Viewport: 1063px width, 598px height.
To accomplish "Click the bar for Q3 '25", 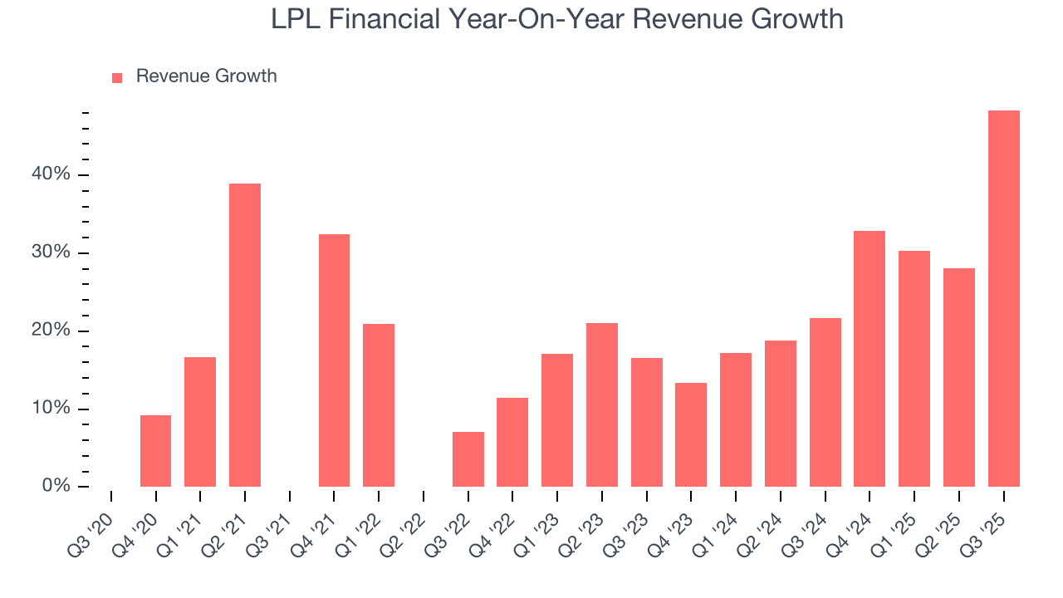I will click(1003, 299).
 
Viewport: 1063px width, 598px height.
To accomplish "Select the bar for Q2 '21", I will click(245, 335).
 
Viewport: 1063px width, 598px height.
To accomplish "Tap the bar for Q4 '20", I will click(155, 451).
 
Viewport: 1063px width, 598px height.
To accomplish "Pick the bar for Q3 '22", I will click(468, 459).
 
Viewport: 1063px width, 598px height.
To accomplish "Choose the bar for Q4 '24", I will click(870, 359).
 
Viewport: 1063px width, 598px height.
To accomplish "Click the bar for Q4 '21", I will click(334, 360).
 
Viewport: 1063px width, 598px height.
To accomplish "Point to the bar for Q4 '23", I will click(691, 434).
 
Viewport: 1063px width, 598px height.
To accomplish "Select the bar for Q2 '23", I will click(602, 404).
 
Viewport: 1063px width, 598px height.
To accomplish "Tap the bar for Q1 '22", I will click(379, 405).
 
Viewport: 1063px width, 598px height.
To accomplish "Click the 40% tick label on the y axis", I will click(51, 174).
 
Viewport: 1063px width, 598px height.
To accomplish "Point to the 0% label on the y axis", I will click(56, 486).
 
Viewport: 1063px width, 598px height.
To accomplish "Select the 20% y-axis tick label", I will click(51, 331).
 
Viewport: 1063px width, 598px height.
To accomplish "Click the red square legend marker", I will click(117, 77).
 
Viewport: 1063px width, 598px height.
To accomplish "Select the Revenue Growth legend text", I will click(206, 76).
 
